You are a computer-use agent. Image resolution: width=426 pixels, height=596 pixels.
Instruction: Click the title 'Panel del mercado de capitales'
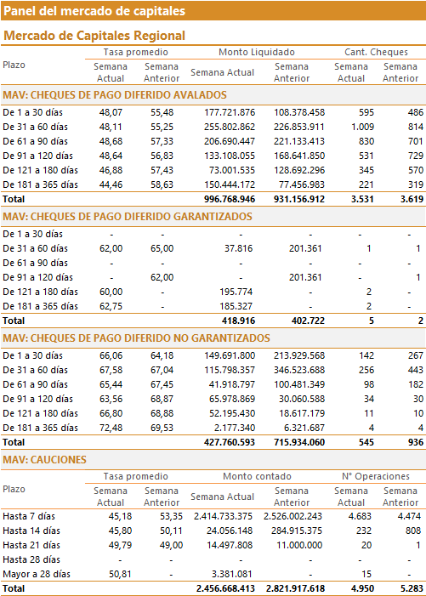pyautogui.click(x=94, y=11)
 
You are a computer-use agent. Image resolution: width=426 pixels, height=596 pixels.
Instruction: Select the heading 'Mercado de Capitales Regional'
pyautogui.click(x=94, y=36)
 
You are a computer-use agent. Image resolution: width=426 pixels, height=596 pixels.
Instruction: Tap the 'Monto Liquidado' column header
pyautogui.click(x=257, y=52)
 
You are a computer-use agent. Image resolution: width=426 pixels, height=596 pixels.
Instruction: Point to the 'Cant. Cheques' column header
pyautogui.click(x=376, y=52)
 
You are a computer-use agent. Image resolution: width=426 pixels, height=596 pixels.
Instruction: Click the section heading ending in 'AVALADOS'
pyautogui.click(x=115, y=95)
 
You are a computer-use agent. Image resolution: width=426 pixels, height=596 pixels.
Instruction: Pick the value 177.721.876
pyautogui.click(x=230, y=112)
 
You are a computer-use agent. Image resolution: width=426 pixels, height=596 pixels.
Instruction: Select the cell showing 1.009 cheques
pyautogui.click(x=362, y=127)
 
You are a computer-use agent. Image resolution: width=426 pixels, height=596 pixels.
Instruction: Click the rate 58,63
pyautogui.click(x=162, y=184)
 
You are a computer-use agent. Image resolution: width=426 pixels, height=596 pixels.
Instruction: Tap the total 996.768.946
pyautogui.click(x=230, y=199)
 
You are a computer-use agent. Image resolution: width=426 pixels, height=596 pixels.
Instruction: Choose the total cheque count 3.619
pyautogui.click(x=412, y=199)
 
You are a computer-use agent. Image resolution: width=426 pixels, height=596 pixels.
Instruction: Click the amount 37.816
pyautogui.click(x=238, y=248)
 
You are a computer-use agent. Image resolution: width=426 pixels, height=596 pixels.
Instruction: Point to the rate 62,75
pyautogui.click(x=111, y=306)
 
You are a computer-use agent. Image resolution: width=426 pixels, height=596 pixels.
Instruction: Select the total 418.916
pyautogui.click(x=238, y=321)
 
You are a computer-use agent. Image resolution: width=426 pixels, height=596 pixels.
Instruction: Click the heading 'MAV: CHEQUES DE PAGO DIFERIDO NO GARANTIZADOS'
pyautogui.click(x=136, y=338)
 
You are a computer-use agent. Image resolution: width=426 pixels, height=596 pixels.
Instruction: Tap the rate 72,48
pyautogui.click(x=111, y=428)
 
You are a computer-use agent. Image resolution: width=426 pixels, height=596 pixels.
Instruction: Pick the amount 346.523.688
pyautogui.click(x=299, y=370)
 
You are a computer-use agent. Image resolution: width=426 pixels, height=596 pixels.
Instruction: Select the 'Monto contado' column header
pyautogui.click(x=257, y=476)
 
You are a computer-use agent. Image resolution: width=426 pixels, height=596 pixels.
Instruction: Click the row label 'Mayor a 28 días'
pyautogui.click(x=37, y=574)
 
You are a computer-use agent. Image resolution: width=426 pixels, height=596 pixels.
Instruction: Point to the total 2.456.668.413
pyautogui.click(x=225, y=589)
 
